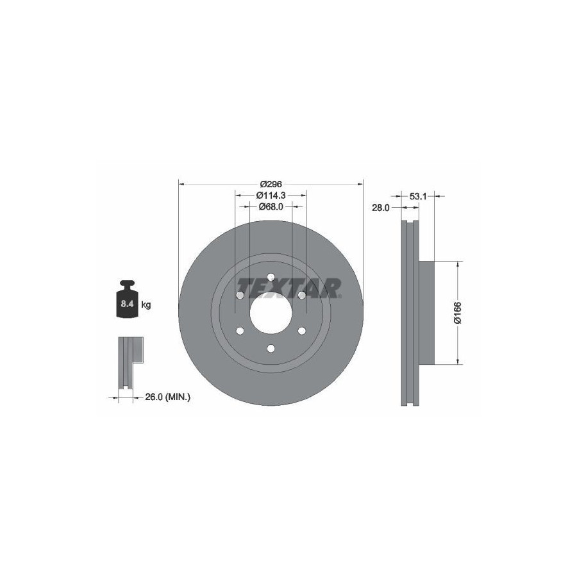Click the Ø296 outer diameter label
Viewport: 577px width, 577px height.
point(271,184)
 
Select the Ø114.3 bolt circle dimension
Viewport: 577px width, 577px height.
point(271,196)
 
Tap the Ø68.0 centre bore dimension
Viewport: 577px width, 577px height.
point(271,207)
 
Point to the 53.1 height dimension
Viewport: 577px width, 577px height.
point(417,197)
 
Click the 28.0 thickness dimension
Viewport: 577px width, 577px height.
point(380,208)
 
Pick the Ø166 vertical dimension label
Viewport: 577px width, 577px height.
point(458,313)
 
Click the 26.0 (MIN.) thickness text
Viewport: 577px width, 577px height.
point(167,397)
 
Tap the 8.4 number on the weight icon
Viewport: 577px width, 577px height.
point(127,304)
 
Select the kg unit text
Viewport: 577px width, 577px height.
point(146,305)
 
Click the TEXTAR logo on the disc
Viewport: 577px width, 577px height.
point(289,288)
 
